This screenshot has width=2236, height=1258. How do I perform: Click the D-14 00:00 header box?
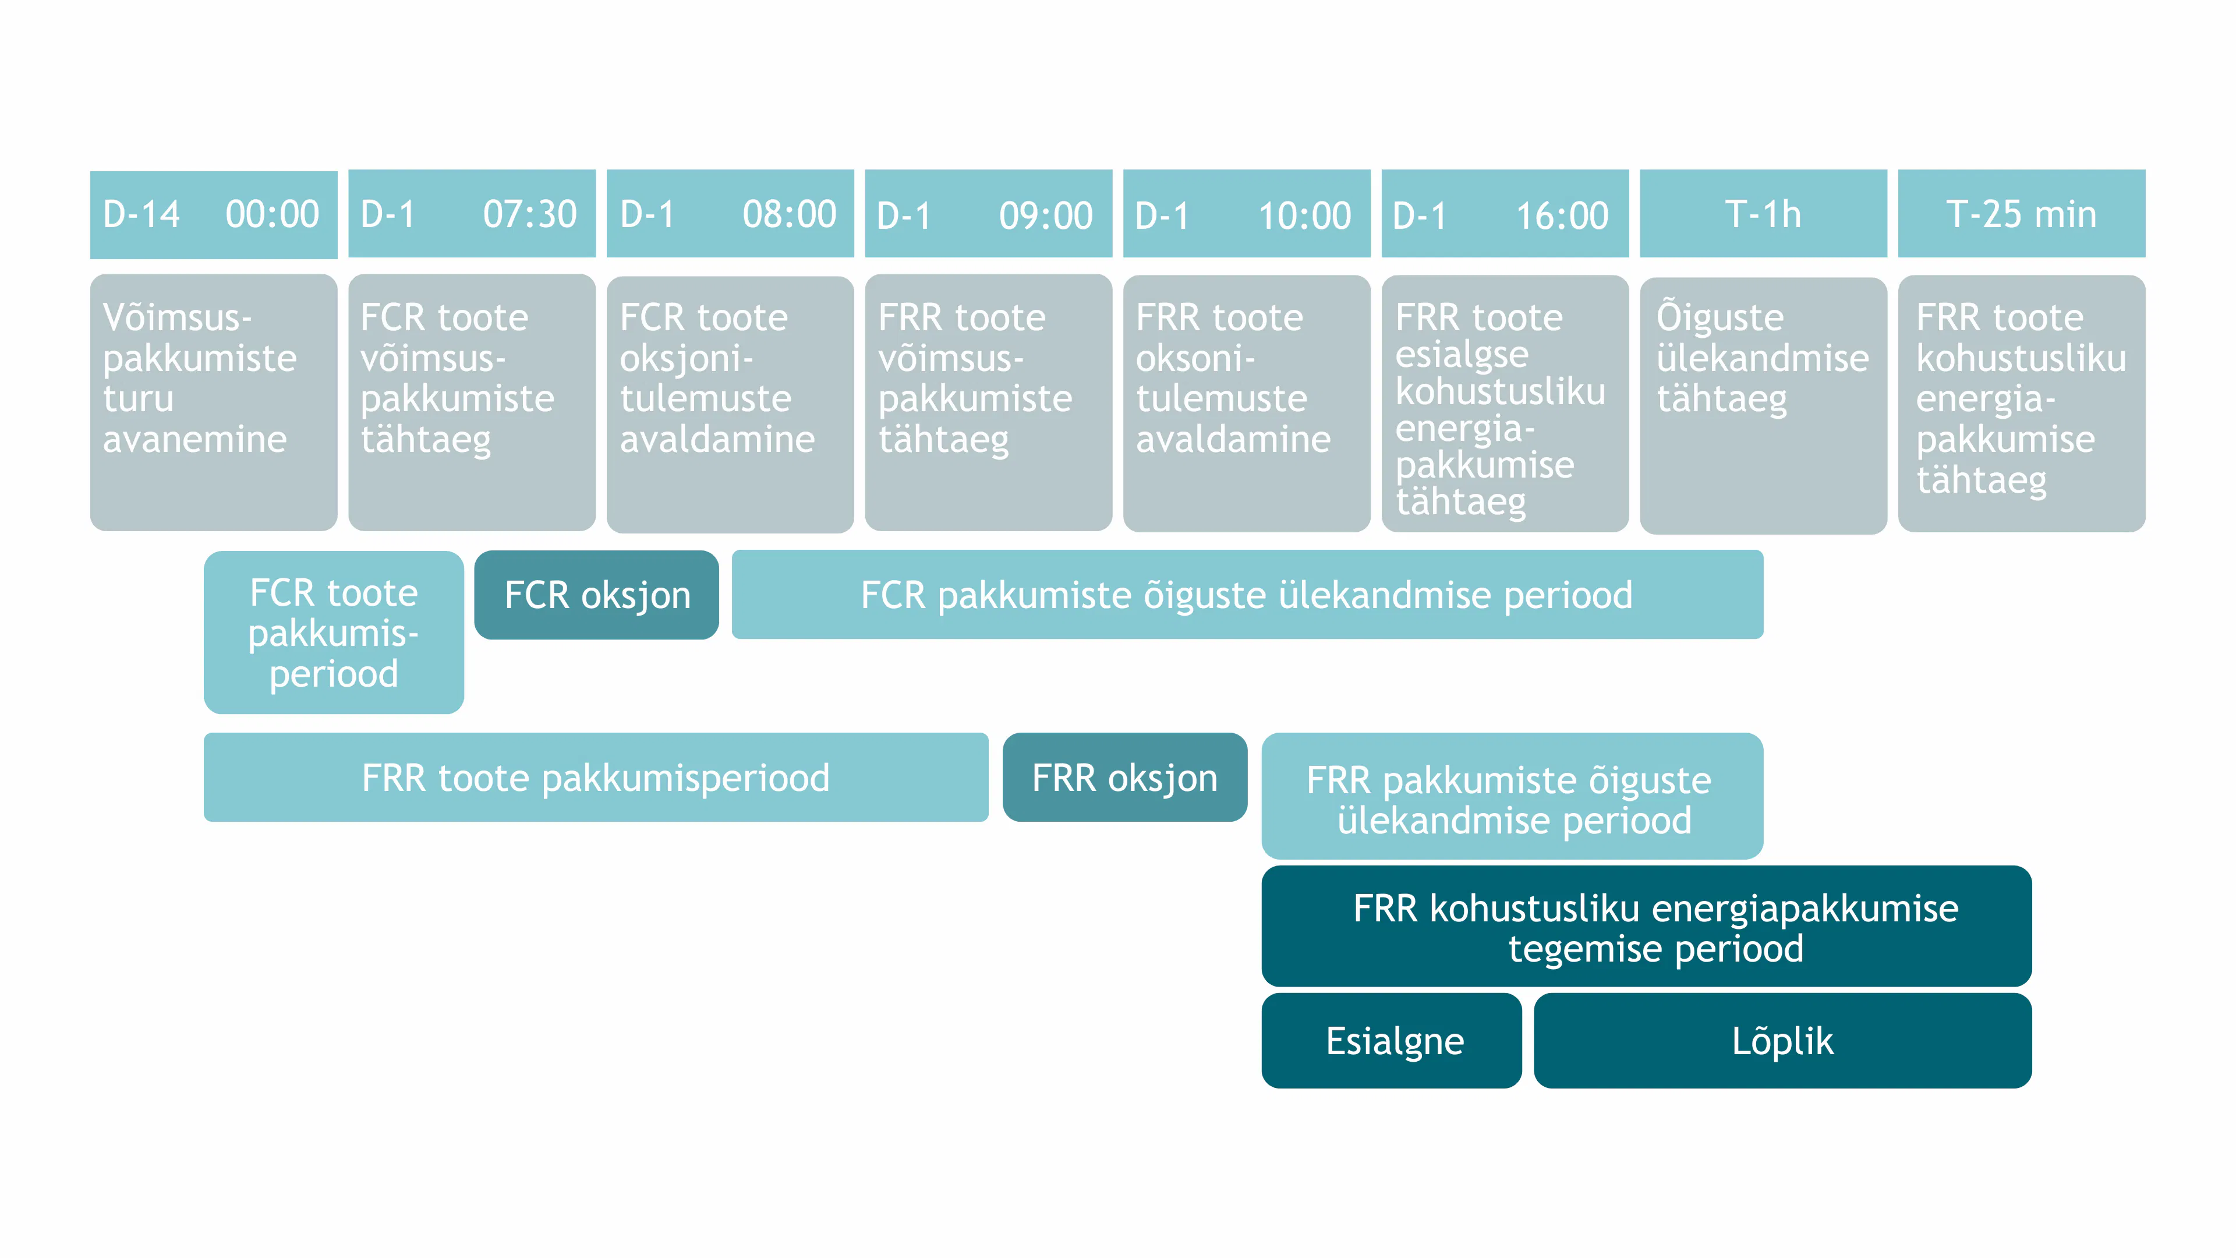pyautogui.click(x=214, y=214)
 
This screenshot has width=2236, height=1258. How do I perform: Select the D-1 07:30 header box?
pyautogui.click(x=472, y=214)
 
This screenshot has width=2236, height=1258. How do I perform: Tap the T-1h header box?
pyautogui.click(x=1763, y=214)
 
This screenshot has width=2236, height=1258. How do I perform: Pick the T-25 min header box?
pyautogui.click(x=2022, y=214)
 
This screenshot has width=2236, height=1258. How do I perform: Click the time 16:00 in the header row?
pyautogui.click(x=1562, y=215)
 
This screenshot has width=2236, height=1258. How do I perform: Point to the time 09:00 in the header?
pyautogui.click(x=1046, y=215)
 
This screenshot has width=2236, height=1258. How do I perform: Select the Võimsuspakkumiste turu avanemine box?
pyautogui.click(x=214, y=402)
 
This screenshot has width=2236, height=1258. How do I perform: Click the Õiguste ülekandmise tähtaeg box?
pyautogui.click(x=1763, y=405)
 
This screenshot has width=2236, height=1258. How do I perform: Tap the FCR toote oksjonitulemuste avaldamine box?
pyautogui.click(x=730, y=404)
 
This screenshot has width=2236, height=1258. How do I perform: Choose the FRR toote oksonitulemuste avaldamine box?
pyautogui.click(x=1247, y=403)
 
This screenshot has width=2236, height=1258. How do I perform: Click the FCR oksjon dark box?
pyautogui.click(x=596, y=595)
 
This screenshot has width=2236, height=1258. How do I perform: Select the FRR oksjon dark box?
pyautogui.click(x=1125, y=777)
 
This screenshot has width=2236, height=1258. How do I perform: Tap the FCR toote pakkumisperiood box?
pyautogui.click(x=333, y=632)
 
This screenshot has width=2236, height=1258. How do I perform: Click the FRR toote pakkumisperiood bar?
pyautogui.click(x=596, y=777)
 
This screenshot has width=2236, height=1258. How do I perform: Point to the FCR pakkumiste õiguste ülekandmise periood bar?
pyautogui.click(x=1247, y=595)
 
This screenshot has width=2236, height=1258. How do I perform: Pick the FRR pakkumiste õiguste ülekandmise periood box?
pyautogui.click(x=1512, y=796)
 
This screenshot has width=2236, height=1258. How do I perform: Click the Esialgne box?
pyautogui.click(x=1392, y=1040)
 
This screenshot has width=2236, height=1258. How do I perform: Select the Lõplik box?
pyautogui.click(x=1783, y=1040)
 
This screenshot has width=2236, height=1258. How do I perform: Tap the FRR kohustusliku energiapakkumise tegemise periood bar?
pyautogui.click(x=1647, y=927)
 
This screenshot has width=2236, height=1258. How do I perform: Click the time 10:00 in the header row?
pyautogui.click(x=1304, y=215)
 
